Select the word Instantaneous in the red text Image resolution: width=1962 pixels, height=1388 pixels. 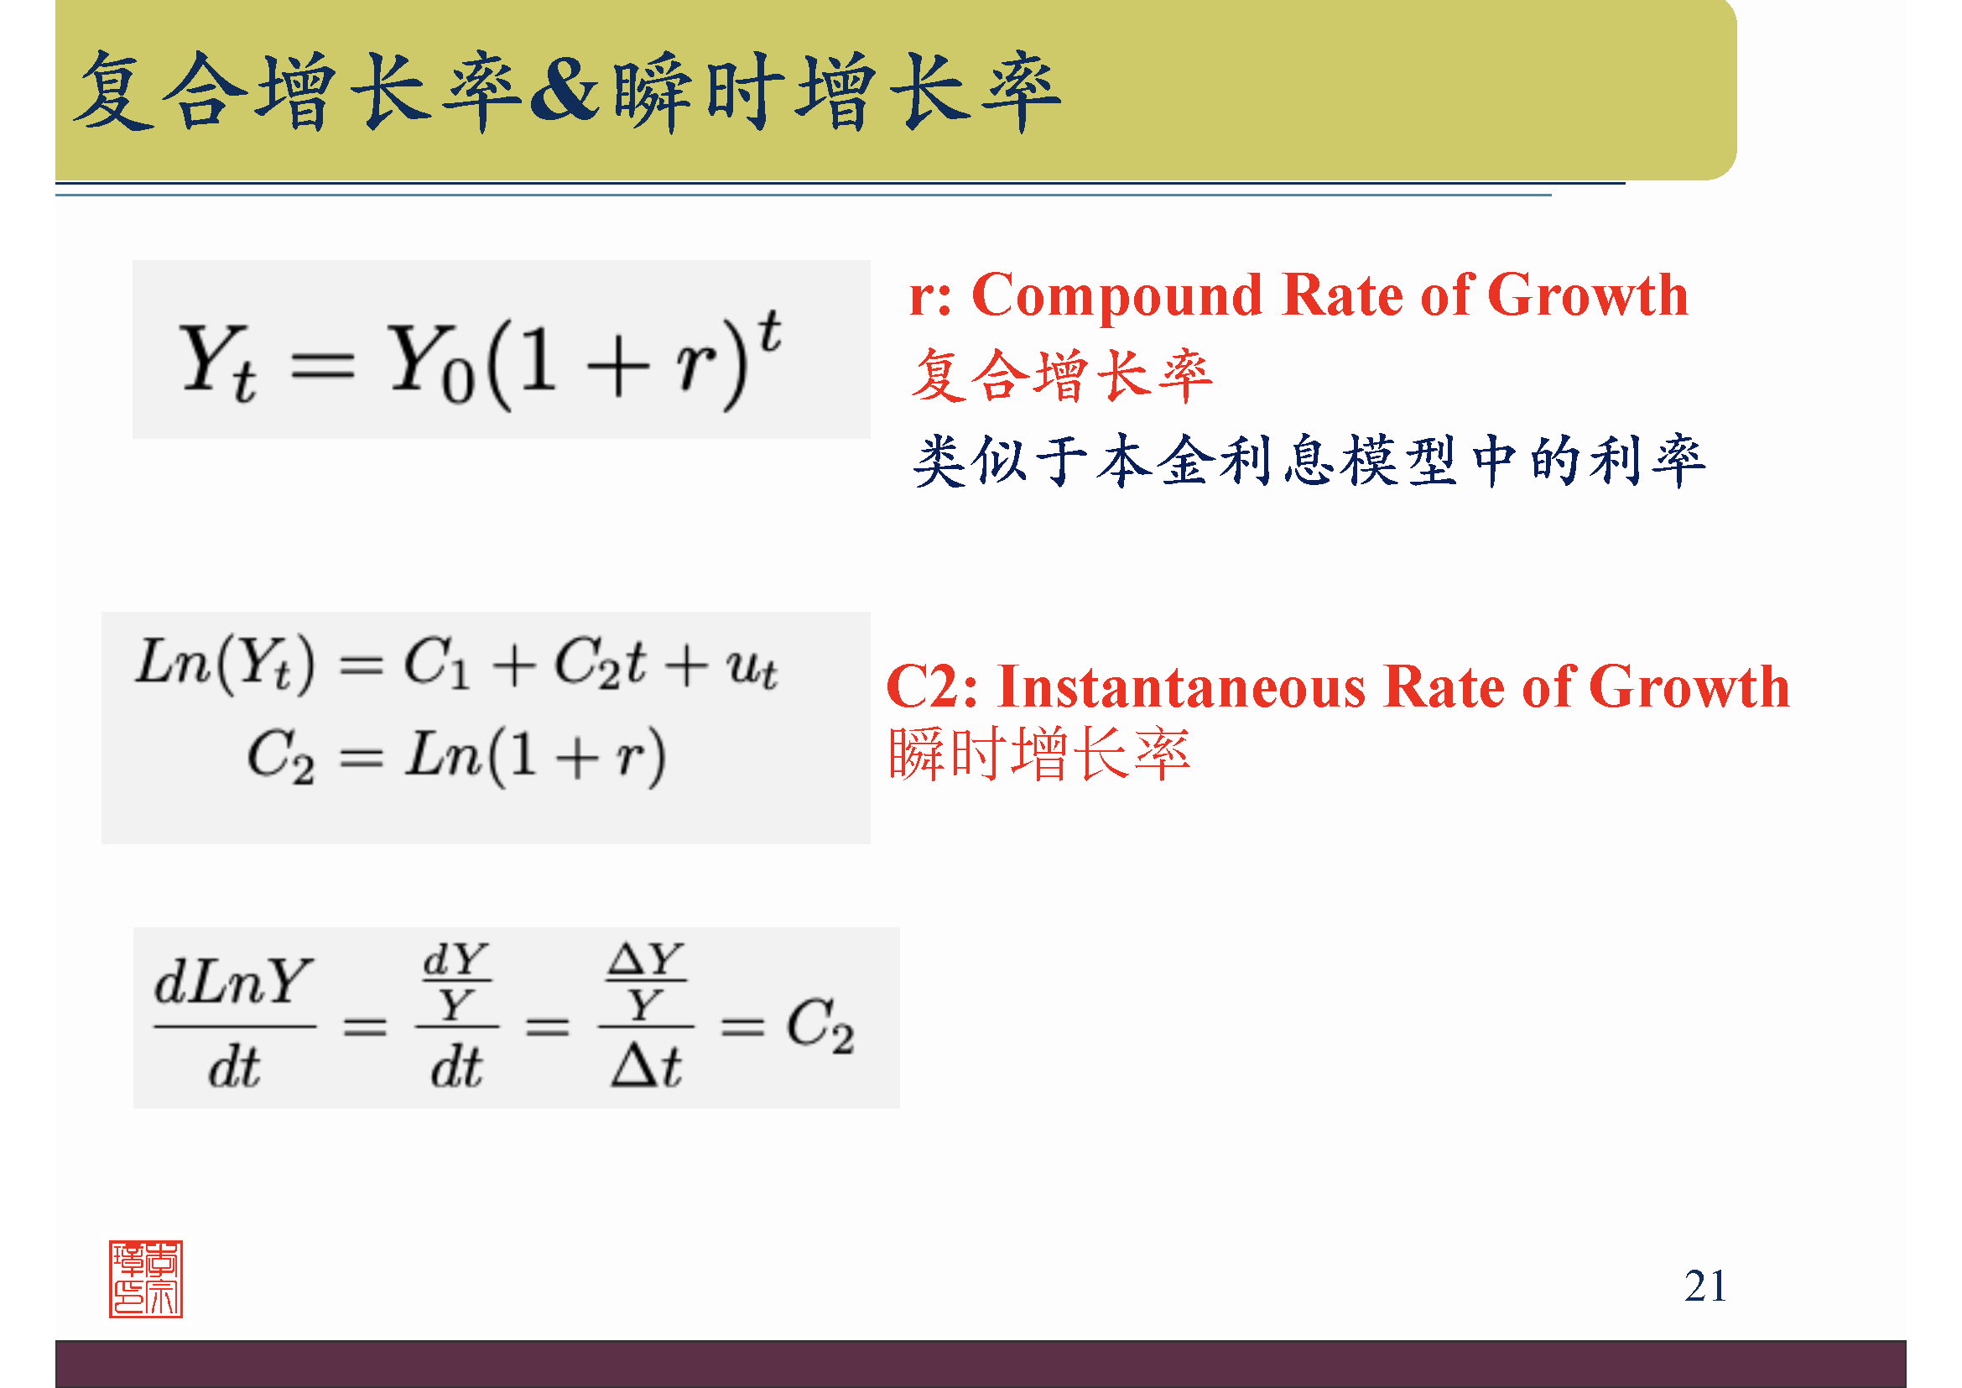[1182, 686]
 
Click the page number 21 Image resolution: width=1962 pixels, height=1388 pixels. [1705, 1286]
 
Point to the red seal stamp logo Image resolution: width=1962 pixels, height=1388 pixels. [146, 1280]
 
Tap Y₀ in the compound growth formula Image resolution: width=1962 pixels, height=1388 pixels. [432, 363]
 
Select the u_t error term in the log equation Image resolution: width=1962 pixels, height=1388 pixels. [752, 667]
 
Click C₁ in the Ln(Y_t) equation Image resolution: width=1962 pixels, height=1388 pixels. [437, 663]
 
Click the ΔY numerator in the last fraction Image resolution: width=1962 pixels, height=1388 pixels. [646, 960]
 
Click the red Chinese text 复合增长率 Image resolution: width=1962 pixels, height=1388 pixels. [1062, 376]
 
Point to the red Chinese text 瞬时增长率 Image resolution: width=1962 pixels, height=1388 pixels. [1039, 754]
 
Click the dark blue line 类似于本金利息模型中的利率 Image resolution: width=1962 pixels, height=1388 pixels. [1309, 461]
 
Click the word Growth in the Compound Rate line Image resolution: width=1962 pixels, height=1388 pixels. [1588, 295]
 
